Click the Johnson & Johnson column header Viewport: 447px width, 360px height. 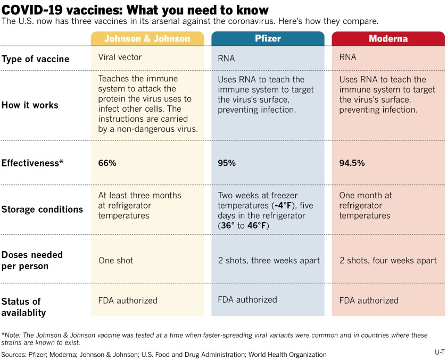click(147, 39)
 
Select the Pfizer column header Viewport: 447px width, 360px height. click(268, 39)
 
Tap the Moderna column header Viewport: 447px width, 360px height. click(388, 39)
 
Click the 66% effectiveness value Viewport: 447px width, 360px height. click(107, 163)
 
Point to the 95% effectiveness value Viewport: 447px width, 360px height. click(227, 163)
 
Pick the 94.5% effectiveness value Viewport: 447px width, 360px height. click(352, 163)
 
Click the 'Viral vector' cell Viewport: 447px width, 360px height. click(120, 57)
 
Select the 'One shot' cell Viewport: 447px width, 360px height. click(115, 261)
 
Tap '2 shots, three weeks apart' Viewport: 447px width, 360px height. click(269, 261)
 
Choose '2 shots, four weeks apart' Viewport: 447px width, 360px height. click(388, 261)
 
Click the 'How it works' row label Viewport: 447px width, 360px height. click(30, 105)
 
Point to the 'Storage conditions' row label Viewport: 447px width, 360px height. click(42, 210)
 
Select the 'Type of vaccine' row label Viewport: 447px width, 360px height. click(35, 59)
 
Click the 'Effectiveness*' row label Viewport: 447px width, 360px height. click(32, 163)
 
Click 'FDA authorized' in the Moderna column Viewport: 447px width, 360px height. click(369, 300)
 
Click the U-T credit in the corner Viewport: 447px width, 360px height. click(439, 351)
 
